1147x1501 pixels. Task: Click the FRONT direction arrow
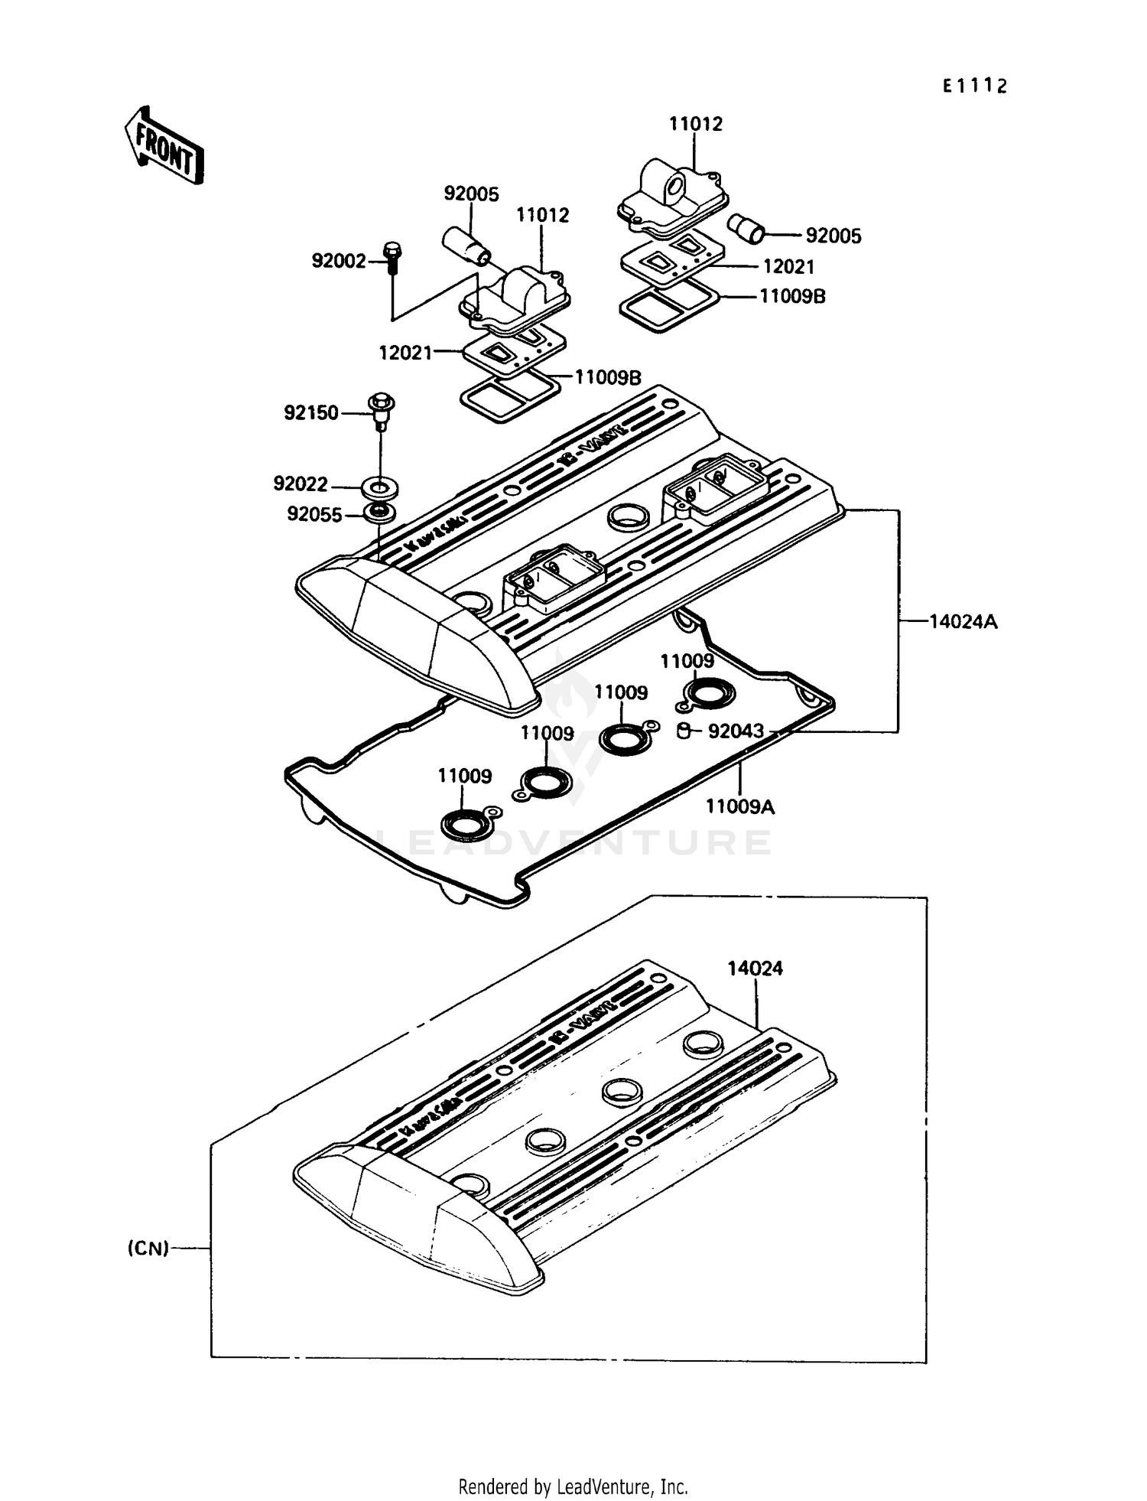pyautogui.click(x=164, y=145)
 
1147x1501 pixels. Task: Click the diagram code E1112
pyautogui.click(x=974, y=86)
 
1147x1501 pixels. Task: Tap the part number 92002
pyautogui.click(x=339, y=261)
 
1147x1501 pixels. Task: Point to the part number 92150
pyautogui.click(x=311, y=413)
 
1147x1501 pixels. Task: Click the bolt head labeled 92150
pyautogui.click(x=381, y=402)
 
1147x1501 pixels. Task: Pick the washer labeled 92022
pyautogui.click(x=380, y=487)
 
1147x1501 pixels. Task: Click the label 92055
pyautogui.click(x=314, y=514)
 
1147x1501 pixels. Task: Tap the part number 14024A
pyautogui.click(x=963, y=621)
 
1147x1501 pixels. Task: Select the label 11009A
pyautogui.click(x=739, y=806)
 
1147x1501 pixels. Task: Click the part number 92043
pyautogui.click(x=736, y=731)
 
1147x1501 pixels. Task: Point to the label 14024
pyautogui.click(x=755, y=968)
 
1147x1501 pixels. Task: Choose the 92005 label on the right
pyautogui.click(x=833, y=236)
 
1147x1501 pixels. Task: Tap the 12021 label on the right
pyautogui.click(x=788, y=266)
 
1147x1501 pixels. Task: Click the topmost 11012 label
pyautogui.click(x=696, y=124)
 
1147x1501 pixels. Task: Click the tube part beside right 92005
pyautogui.click(x=745, y=227)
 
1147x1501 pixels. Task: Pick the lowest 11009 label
pyautogui.click(x=464, y=776)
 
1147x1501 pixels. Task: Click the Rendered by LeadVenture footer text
pyautogui.click(x=573, y=1486)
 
